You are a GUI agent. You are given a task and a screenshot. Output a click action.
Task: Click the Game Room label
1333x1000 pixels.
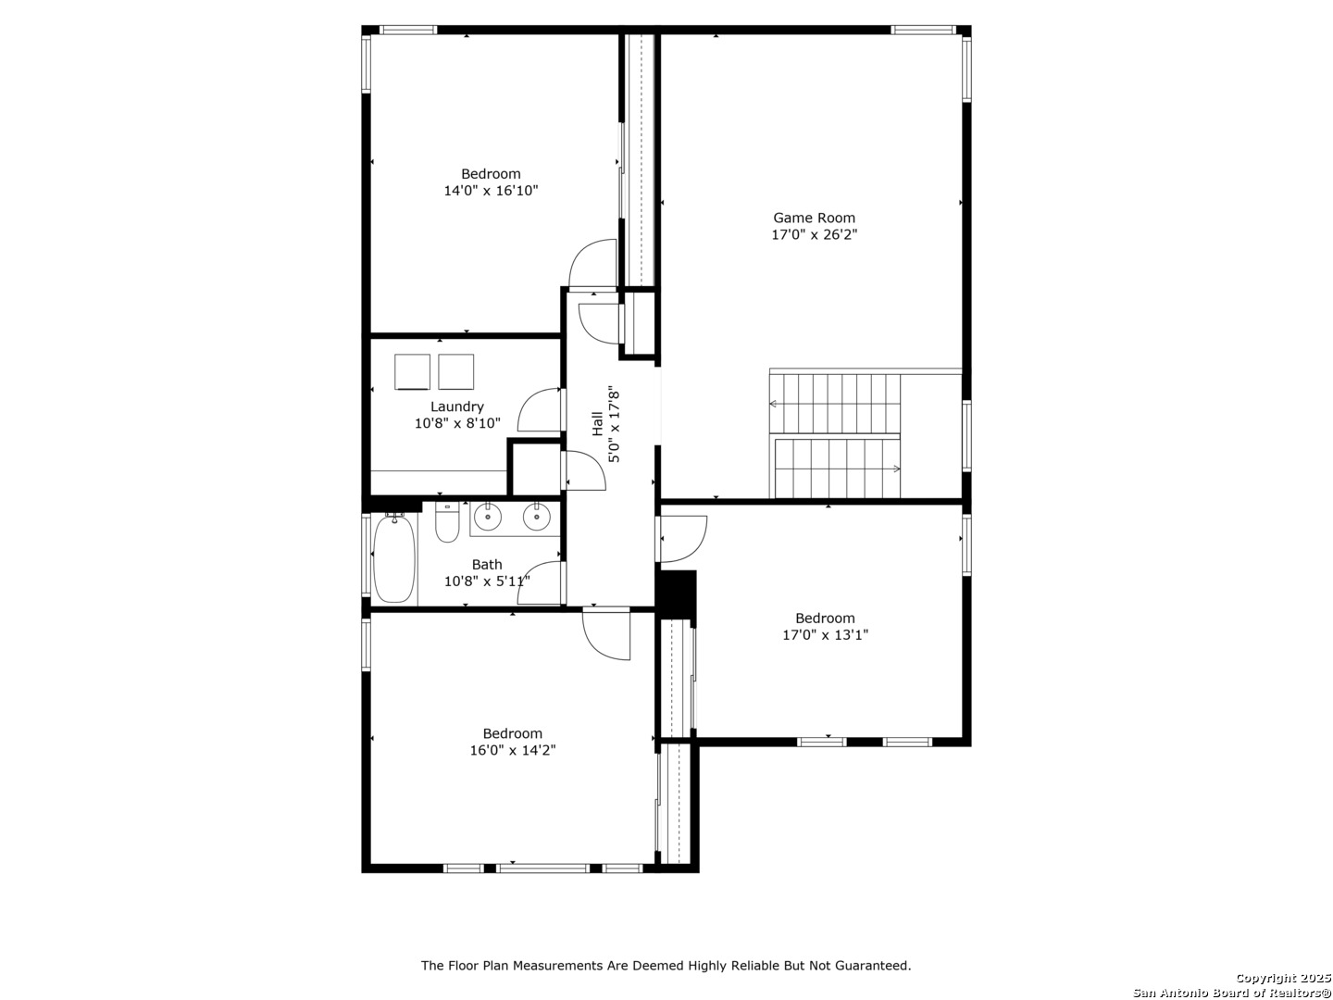(x=813, y=218)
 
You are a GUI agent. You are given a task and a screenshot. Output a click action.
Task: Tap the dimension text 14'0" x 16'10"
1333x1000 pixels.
(x=491, y=191)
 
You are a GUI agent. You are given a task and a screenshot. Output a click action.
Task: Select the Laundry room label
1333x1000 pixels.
(x=456, y=406)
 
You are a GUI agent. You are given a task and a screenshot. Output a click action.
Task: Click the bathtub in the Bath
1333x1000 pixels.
(x=393, y=558)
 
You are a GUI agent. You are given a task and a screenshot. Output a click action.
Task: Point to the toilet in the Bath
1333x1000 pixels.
(x=447, y=523)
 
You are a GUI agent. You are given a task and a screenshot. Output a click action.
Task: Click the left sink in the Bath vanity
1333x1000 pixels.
(x=487, y=518)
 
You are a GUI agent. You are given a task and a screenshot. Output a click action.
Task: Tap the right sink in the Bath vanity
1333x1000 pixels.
(x=536, y=518)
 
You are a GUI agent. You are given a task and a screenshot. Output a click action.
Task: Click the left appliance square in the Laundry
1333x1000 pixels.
(x=412, y=371)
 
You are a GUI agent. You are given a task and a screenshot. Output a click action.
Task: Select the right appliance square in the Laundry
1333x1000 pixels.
(x=456, y=371)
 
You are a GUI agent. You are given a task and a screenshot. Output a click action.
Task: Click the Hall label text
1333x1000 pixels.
(x=598, y=423)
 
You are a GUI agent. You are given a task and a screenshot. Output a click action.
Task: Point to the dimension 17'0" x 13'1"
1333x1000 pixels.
(x=825, y=635)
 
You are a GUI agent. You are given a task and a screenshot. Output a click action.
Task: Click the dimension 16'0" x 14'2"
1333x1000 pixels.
(x=513, y=750)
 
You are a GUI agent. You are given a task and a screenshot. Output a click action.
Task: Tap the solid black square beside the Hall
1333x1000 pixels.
(x=676, y=594)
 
